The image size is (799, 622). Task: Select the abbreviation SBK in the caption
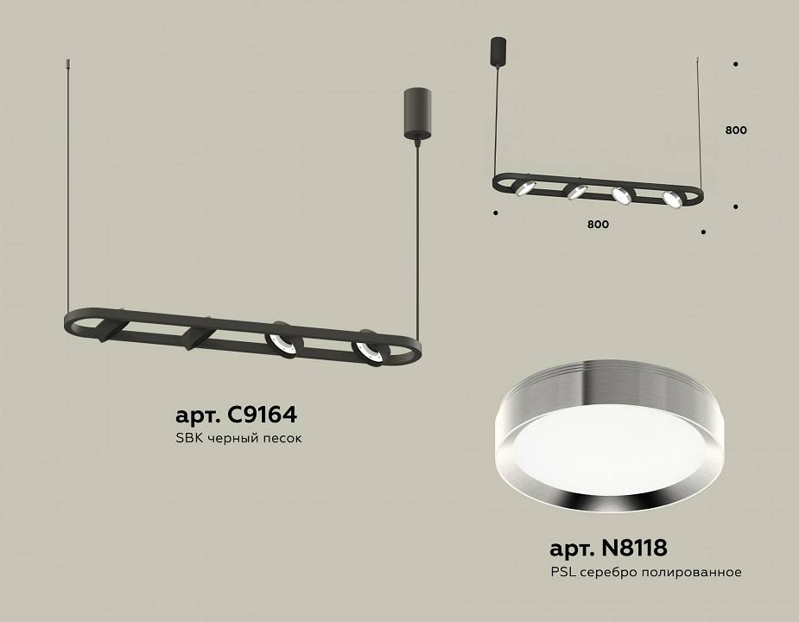(188, 438)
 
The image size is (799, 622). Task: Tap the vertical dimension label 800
(736, 130)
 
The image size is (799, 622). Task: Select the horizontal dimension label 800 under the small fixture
(598, 225)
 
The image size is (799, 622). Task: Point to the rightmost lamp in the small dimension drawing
(672, 199)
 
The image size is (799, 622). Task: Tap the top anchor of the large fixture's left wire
(68, 62)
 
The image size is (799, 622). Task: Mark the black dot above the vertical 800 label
(735, 64)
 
